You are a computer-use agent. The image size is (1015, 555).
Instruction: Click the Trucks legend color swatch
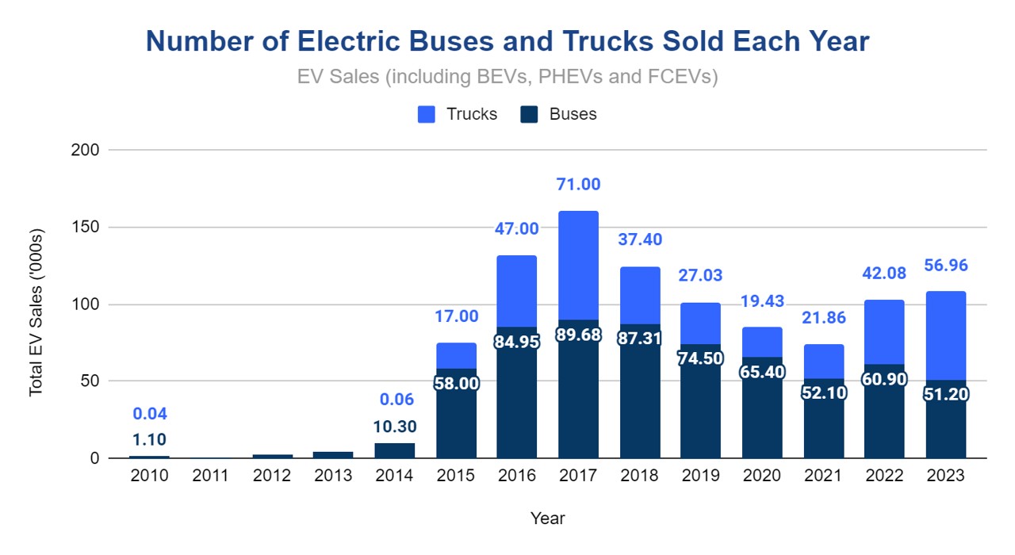click(x=427, y=114)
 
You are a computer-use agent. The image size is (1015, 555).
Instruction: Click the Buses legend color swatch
click(x=530, y=114)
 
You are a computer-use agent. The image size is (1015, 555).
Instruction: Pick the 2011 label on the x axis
click(x=210, y=476)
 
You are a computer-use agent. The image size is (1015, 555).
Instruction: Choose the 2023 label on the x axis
click(x=945, y=476)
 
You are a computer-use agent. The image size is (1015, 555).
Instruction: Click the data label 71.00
click(x=578, y=185)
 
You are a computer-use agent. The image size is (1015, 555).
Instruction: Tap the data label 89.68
click(x=578, y=335)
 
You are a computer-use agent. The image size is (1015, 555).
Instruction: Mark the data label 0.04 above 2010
click(x=149, y=414)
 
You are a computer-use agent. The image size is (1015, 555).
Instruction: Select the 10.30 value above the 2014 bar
click(x=394, y=427)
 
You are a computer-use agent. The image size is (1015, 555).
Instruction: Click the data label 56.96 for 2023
click(x=945, y=266)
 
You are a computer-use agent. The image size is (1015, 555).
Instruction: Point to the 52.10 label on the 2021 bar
click(x=822, y=392)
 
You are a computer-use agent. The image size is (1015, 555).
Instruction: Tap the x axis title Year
click(x=547, y=519)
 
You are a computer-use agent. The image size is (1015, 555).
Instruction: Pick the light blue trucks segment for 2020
click(x=761, y=343)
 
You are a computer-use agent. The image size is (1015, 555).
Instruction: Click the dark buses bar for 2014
click(x=394, y=450)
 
